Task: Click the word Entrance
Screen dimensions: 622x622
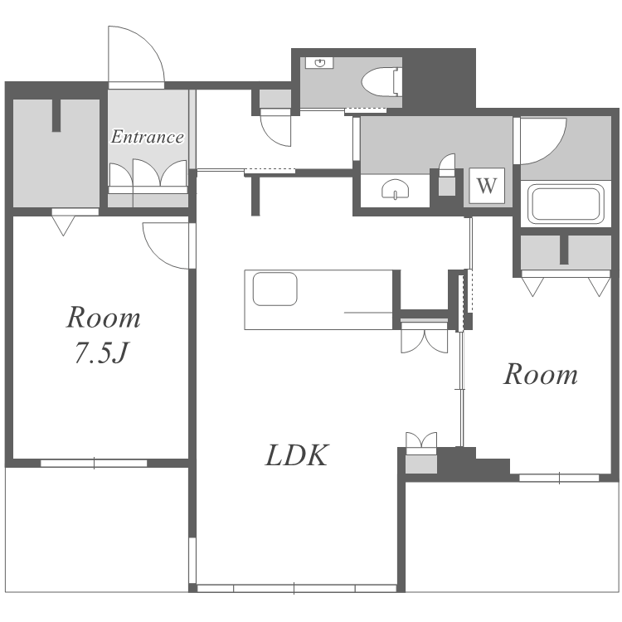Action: [x=147, y=137]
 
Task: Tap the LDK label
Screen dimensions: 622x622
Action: [x=297, y=455]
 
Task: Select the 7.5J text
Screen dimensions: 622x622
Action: [x=101, y=352]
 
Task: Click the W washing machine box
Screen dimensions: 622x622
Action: [x=487, y=186]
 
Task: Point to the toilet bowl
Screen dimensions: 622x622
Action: [x=381, y=82]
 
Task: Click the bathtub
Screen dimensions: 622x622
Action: [x=566, y=204]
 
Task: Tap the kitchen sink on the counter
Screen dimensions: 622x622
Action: [x=275, y=289]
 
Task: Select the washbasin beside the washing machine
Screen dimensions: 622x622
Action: [x=395, y=189]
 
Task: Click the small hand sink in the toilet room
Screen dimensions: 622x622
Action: [x=319, y=63]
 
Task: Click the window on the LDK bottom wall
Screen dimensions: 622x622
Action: [x=297, y=588]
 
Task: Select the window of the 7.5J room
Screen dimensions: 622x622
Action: [x=94, y=463]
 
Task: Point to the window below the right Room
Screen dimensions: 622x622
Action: [x=559, y=478]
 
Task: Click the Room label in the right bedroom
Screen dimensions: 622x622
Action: [x=540, y=375]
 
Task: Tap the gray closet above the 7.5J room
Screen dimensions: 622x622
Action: [x=56, y=153]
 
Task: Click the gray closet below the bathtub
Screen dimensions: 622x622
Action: [x=566, y=252]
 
